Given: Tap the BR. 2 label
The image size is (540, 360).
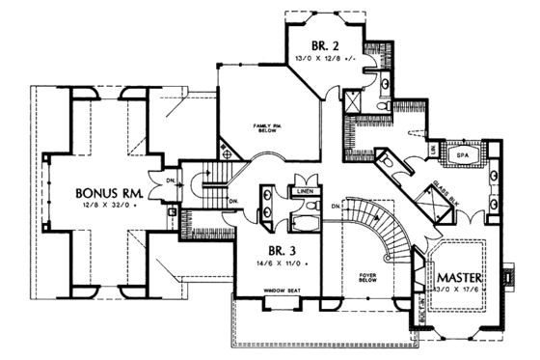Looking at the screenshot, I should coord(323,45).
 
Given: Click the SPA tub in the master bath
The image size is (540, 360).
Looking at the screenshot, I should coord(461,154).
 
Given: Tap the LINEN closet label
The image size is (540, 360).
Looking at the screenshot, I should coord(307,190).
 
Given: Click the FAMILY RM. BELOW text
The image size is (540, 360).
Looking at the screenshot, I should coord(267,128).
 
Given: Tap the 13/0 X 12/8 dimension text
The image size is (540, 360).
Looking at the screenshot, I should coord(323,59).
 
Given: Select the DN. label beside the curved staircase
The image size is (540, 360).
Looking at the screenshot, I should coord(335,207).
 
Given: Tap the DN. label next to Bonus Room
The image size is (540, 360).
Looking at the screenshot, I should coord(170,180).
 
